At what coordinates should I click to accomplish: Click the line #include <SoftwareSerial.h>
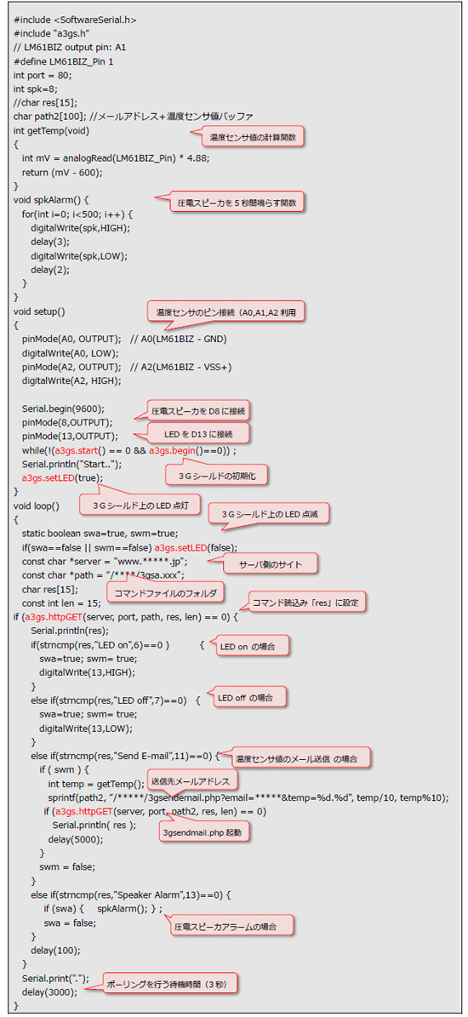pyautogui.click(x=75, y=20)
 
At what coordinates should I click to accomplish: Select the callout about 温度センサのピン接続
pyautogui.click(x=226, y=312)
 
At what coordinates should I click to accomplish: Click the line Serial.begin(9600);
pyautogui.click(x=63, y=408)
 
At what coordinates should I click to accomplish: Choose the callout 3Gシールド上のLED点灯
pyautogui.click(x=140, y=504)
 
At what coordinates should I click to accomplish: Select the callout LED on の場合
pyautogui.click(x=252, y=645)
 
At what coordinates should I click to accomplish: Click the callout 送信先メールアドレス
pyautogui.click(x=194, y=778)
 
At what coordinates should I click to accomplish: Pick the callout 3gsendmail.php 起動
pyautogui.click(x=205, y=831)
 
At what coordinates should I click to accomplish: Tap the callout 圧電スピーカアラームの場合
pyautogui.click(x=225, y=926)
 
